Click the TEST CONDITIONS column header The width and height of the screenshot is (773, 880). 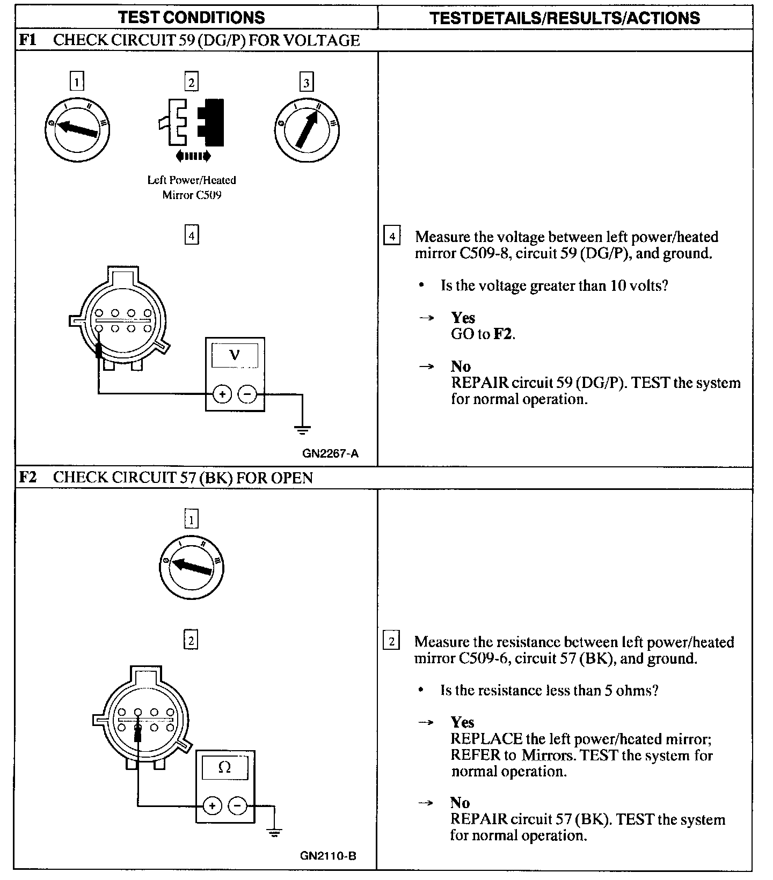pos(192,17)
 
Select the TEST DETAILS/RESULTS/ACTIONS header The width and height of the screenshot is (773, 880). pos(565,18)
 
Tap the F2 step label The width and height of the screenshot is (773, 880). pos(27,478)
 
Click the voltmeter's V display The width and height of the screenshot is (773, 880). pos(235,355)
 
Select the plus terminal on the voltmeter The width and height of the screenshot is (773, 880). pos(222,394)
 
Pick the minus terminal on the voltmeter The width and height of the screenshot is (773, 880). pos(247,394)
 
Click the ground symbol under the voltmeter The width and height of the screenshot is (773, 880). pos(302,429)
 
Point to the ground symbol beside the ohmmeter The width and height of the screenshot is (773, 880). pos(274,833)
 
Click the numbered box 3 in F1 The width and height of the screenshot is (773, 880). pos(306,82)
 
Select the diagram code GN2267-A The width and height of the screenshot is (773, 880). pos(330,453)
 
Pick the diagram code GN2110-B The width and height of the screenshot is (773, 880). pos(328,855)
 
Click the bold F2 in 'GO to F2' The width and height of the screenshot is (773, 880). pos(502,334)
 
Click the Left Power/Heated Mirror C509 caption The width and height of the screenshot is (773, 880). pos(192,187)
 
